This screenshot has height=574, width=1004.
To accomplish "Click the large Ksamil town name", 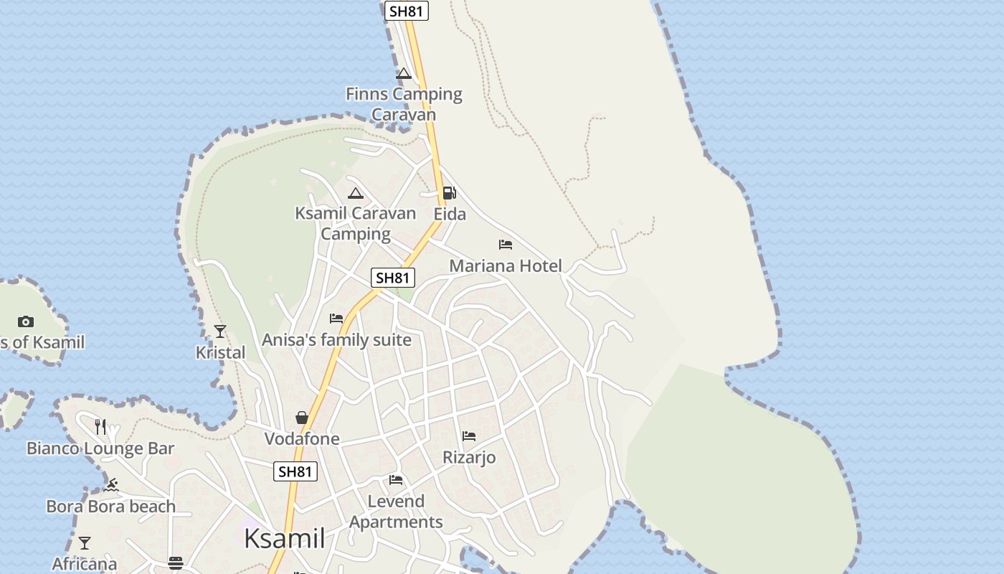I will [x=285, y=538].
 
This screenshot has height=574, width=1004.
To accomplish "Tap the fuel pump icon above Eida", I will [x=449, y=192].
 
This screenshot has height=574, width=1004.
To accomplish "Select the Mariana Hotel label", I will [x=506, y=266].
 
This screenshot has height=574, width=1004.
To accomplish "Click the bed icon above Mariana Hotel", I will [x=506, y=245].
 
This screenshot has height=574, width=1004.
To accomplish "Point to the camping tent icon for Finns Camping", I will [x=404, y=73].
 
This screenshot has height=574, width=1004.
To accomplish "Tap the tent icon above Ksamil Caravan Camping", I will [x=356, y=193].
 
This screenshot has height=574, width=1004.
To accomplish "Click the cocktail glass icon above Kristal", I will [x=220, y=331].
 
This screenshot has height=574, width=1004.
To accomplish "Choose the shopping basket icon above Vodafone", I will [x=302, y=418].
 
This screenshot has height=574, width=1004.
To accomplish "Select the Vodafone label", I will [x=302, y=438].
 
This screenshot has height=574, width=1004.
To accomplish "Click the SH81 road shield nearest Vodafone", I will [x=295, y=471].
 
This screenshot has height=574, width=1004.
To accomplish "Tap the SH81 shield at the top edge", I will [x=407, y=11].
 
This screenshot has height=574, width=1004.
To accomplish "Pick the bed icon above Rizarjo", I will [x=469, y=436].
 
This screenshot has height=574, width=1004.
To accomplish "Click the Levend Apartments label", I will [x=396, y=512].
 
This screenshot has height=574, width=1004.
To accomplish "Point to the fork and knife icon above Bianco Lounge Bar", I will [x=100, y=427].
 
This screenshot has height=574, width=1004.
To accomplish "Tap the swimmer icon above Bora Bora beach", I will [x=111, y=486].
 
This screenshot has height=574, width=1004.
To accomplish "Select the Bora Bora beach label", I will [x=111, y=507].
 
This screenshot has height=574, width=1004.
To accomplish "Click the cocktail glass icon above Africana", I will [x=85, y=543].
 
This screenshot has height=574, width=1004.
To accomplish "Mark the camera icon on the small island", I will [x=26, y=321].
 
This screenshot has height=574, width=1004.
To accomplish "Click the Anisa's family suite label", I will [x=336, y=339].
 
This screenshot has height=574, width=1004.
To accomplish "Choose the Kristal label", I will [x=220, y=352].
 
